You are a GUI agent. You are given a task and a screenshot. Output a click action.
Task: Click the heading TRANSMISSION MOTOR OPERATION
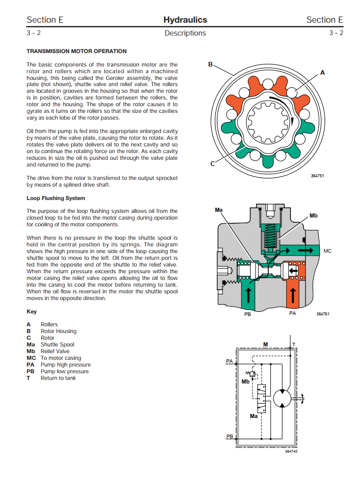[76, 51]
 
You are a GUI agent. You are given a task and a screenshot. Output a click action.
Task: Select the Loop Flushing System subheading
[56, 198]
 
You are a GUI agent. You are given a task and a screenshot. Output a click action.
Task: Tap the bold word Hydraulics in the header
[185, 20]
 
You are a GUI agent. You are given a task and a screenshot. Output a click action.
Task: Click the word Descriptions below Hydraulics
[185, 34]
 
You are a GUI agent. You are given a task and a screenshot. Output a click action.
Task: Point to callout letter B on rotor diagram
[210, 64]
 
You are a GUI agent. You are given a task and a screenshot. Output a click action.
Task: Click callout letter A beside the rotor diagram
[322, 73]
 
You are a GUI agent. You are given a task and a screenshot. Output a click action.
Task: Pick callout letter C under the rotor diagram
[212, 164]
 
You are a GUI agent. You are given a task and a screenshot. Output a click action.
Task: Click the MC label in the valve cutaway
[328, 251]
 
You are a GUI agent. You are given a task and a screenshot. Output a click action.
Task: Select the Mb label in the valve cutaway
[314, 215]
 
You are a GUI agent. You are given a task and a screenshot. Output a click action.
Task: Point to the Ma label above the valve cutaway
[218, 210]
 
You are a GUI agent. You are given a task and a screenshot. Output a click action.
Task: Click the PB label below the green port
[247, 313]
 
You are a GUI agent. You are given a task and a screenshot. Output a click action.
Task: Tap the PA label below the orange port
[293, 313]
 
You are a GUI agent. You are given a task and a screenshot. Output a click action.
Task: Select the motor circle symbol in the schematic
[281, 398]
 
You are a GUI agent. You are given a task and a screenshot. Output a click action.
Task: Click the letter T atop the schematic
[294, 344]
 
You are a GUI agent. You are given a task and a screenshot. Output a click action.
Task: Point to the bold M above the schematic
[265, 344]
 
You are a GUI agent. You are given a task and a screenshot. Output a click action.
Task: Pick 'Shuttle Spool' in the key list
[57, 344]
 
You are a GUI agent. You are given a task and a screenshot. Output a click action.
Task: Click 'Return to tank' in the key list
[58, 378]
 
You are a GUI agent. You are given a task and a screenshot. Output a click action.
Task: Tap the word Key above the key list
[31, 312]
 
